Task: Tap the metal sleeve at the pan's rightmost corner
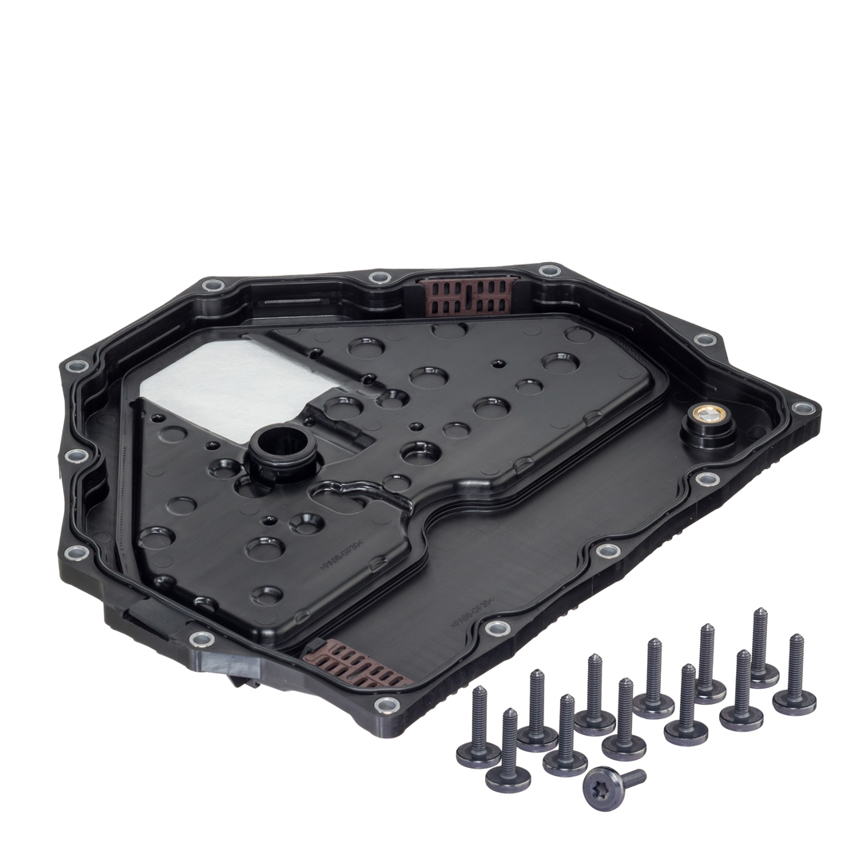pos(802,408)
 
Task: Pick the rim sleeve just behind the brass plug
pos(705,340)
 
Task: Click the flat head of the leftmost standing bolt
pos(478,752)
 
